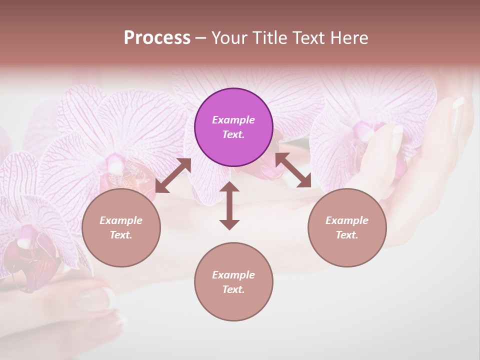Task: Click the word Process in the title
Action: click(157, 38)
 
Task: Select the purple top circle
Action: click(233, 127)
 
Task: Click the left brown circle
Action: click(121, 227)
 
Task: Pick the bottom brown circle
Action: click(233, 281)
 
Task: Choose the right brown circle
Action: click(346, 227)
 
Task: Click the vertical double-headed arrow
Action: click(229, 205)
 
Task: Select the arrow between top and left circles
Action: click(173, 175)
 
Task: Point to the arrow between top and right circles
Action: click(293, 170)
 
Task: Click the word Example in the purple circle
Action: click(233, 120)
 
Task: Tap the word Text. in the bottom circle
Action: click(233, 289)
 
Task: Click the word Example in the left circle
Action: click(121, 220)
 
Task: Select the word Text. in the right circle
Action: click(346, 235)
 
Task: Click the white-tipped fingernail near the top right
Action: click(458, 103)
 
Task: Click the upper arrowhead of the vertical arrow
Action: click(229, 188)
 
